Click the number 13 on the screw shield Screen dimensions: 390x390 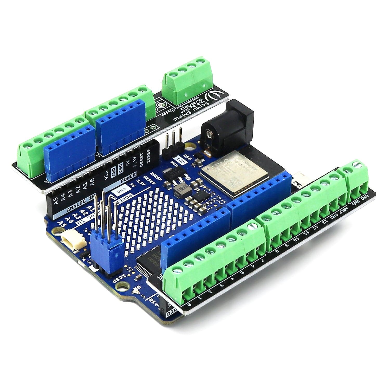(325, 221)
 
